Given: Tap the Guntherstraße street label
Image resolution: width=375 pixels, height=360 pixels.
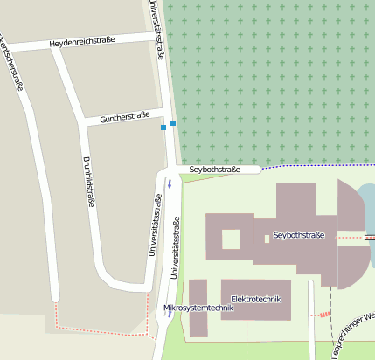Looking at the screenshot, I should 125,116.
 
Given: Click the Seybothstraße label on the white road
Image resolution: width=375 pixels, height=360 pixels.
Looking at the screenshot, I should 214,169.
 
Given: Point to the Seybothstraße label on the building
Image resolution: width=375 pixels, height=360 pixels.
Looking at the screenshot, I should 299,235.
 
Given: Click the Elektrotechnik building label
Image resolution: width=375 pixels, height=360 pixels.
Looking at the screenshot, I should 255,299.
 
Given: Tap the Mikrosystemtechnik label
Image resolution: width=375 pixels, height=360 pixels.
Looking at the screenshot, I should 198,308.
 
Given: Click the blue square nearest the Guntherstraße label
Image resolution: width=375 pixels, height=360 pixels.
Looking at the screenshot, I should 163,128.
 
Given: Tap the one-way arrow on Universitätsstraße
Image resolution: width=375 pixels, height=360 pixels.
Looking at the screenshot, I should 170,183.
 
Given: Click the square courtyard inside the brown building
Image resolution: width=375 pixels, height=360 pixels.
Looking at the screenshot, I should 232,239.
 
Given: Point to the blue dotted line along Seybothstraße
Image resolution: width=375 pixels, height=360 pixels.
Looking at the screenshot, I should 315,165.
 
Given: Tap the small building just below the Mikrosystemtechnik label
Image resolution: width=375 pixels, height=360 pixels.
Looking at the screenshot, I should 198,325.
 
